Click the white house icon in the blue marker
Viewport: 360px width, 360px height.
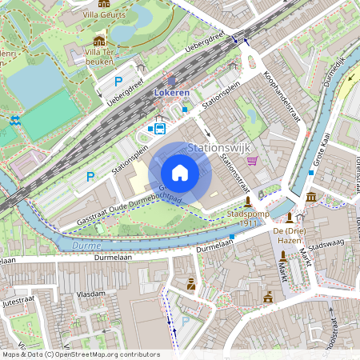point(180,173)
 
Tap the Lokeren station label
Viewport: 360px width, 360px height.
point(172,94)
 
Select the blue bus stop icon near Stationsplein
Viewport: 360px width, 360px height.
point(159,128)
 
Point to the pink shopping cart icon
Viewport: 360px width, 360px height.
point(253,161)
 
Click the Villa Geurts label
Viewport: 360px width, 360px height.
point(104,14)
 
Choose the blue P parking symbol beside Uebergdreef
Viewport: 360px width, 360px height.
point(118,81)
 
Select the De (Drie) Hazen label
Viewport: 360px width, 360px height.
point(290,235)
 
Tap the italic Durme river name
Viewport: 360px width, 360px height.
point(86,245)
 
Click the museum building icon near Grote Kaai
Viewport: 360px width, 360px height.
point(310,197)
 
